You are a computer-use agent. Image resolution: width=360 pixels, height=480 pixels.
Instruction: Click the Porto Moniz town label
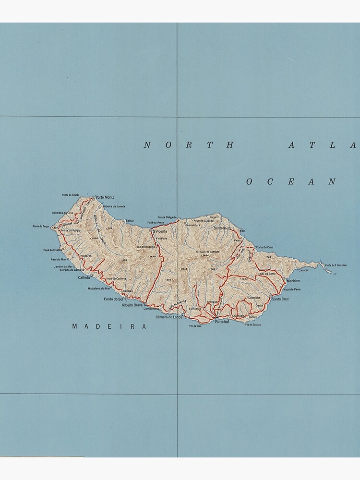tap(105, 197)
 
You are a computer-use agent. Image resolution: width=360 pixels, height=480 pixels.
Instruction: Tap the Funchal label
tap(222, 322)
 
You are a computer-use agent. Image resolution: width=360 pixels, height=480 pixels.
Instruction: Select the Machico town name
tap(293, 281)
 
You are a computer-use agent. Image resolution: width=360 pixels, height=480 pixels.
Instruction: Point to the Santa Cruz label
tap(280, 299)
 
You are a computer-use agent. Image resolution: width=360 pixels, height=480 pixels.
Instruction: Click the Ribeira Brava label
tap(132, 305)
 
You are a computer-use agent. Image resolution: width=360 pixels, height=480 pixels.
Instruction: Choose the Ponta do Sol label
tap(113, 299)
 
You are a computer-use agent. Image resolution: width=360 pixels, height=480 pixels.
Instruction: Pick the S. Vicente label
tap(160, 231)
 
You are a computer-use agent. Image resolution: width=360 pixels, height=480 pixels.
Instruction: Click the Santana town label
tap(220, 228)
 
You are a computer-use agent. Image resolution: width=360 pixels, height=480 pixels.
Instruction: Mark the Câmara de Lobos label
tap(169, 317)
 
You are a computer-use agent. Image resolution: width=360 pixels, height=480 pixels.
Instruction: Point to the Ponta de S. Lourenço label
tap(336, 265)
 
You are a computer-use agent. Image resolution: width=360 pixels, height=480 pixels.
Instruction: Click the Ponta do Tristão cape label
tap(70, 195)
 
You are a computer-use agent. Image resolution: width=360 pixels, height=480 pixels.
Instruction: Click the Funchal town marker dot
tap(216, 317)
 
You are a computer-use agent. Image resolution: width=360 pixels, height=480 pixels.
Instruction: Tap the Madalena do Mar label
tap(99, 288)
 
